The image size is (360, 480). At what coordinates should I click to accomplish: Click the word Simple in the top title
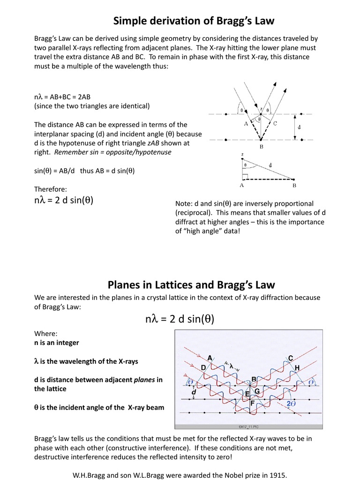pos(132,21)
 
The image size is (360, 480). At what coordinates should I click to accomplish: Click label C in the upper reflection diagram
pos(275,123)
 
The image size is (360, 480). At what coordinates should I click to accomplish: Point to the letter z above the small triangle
pos(242,154)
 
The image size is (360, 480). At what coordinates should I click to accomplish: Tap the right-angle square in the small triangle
pos(245,177)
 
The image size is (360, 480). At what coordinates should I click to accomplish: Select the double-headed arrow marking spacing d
pos(295,127)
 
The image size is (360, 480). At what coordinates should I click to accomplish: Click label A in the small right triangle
pos(242,185)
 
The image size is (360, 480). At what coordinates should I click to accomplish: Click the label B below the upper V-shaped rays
pos(261,146)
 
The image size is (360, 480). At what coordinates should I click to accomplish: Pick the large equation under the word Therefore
pos(64,201)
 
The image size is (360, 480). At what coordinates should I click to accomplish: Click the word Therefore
pos(51,189)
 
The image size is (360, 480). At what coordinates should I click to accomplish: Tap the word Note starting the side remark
pos(183,203)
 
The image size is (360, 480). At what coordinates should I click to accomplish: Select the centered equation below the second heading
pos(180,320)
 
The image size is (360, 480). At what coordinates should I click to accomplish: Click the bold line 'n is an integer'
pos(57,343)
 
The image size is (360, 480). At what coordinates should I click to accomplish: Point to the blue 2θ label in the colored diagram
pos(291,403)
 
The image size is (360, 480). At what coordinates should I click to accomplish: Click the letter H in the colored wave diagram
pos(297,367)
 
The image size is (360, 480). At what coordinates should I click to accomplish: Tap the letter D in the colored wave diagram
pos(203,367)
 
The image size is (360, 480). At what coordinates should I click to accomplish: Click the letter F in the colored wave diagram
pos(253,403)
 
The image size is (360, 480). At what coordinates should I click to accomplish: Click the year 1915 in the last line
pos(276,475)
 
